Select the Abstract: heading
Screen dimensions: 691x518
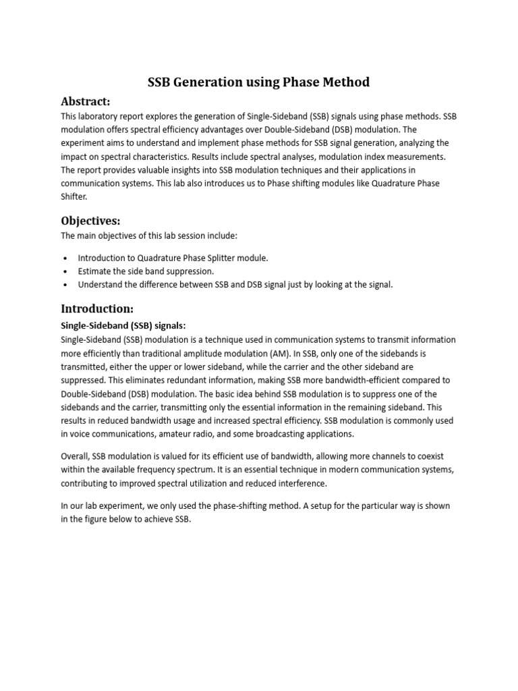(x=86, y=101)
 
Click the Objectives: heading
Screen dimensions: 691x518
(x=90, y=221)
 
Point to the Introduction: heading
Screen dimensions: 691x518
(x=97, y=308)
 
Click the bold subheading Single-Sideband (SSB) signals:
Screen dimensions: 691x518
(x=123, y=325)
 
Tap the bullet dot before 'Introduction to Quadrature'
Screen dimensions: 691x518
(x=65, y=258)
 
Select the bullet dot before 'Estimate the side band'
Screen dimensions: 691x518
(x=65, y=271)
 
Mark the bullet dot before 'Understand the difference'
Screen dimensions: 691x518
(x=65, y=285)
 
